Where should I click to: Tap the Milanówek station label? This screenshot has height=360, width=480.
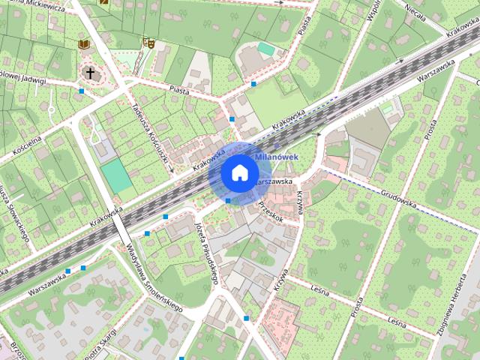click(277, 157)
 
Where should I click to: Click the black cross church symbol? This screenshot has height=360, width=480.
click(90, 73)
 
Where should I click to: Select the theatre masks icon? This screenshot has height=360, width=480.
click(148, 43)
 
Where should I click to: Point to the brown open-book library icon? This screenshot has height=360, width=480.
click(83, 44)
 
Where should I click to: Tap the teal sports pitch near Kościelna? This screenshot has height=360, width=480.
click(115, 174)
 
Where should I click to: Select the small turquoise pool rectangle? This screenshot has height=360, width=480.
click(266, 49)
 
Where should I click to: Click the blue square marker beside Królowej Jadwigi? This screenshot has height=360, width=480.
click(82, 91)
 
